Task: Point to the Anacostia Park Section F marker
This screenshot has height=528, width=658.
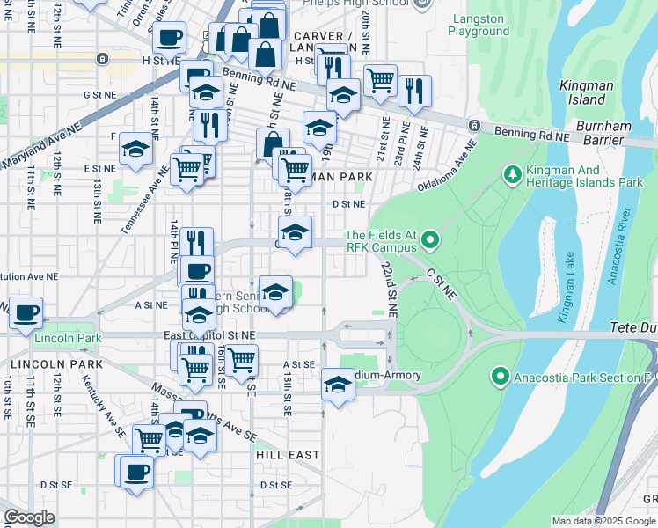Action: pos(501,378)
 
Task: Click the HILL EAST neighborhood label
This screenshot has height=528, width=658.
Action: pos(287,455)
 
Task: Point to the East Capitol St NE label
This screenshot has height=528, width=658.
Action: pos(209,335)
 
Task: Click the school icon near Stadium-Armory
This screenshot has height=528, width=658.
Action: pos(338,384)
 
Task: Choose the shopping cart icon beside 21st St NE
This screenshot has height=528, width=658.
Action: pos(380,79)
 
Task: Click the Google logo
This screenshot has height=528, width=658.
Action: pos(29,517)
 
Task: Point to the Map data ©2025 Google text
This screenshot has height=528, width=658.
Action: pos(603,521)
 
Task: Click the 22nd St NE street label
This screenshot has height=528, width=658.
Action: pos(389,291)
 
